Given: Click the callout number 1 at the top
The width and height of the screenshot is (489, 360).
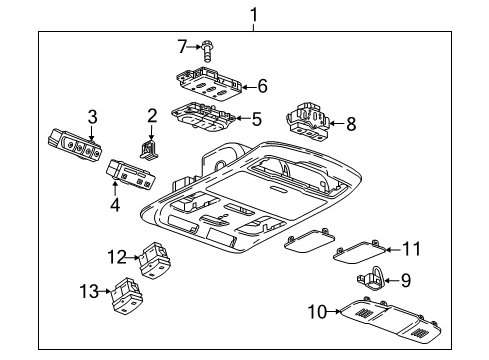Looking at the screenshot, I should tap(254, 14).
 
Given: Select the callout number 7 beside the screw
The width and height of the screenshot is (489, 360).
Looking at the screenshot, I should tap(182, 45).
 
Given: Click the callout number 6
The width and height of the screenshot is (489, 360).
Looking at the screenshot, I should tap(262, 86).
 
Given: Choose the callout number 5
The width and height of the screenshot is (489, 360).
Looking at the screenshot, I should tap(256, 119).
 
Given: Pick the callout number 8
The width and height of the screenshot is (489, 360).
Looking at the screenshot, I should tap(349, 125).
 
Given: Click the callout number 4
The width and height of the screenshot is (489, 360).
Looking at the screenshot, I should tap(115, 206).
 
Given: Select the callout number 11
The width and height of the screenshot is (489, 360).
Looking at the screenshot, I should tap(411, 247).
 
